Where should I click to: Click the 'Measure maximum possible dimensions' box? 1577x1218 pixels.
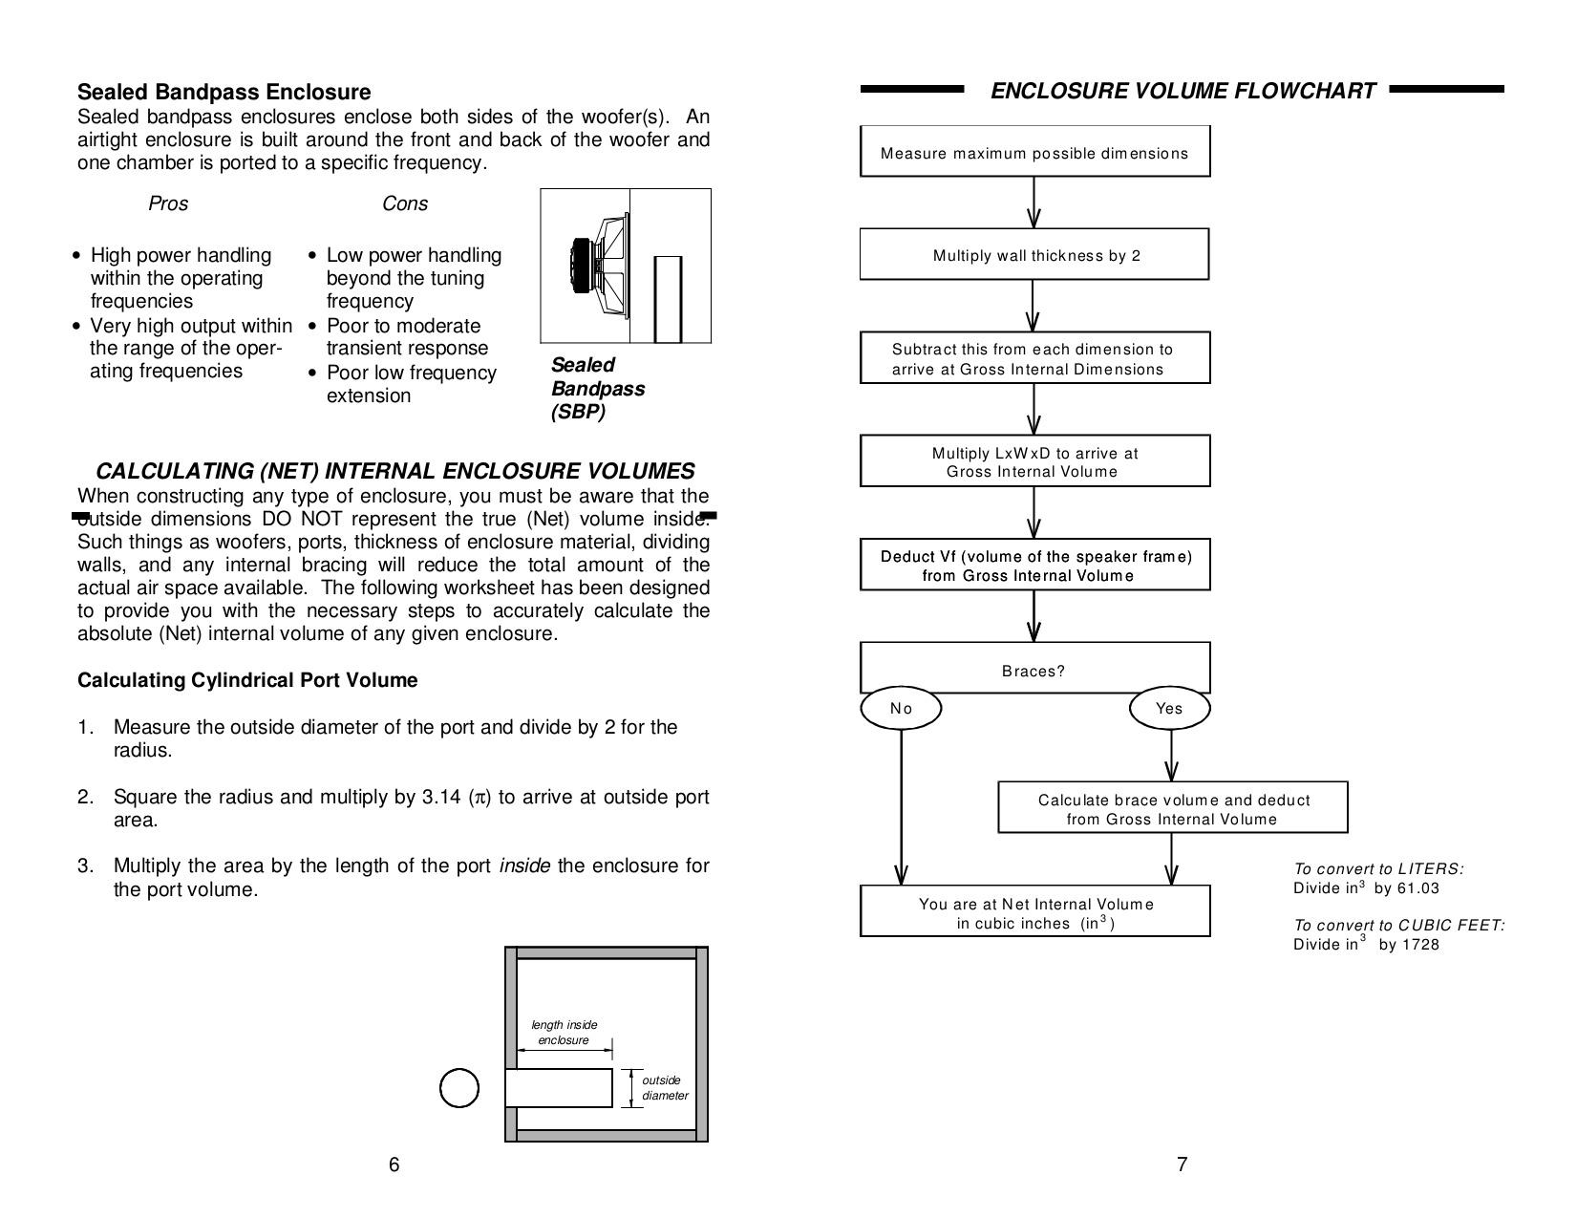coord(1034,152)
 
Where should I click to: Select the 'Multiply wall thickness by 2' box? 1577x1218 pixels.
coord(1034,255)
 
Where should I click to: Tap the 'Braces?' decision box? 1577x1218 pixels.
coord(1034,669)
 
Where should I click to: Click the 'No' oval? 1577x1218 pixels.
coord(901,709)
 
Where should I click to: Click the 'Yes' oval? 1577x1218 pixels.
coord(1169,709)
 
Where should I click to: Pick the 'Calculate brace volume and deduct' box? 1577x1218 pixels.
coord(1173,808)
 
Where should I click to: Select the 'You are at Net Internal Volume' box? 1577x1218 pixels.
coord(1034,912)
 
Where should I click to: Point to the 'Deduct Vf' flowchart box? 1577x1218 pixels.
coord(1034,566)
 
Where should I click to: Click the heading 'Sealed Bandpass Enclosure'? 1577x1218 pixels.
coord(224,93)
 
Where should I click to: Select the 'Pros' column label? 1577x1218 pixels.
coord(168,203)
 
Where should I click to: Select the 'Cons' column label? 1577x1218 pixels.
coord(404,203)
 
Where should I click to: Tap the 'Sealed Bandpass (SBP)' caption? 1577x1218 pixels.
coord(597,389)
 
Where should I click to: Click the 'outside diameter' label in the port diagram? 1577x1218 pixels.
coord(664,1088)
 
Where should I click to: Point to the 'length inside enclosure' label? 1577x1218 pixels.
coord(564,1032)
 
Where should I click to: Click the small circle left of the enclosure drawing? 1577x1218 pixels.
coord(459,1088)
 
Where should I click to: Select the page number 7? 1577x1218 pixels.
coord(1182,1165)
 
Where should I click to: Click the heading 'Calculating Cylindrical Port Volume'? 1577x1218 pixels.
coord(247,681)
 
